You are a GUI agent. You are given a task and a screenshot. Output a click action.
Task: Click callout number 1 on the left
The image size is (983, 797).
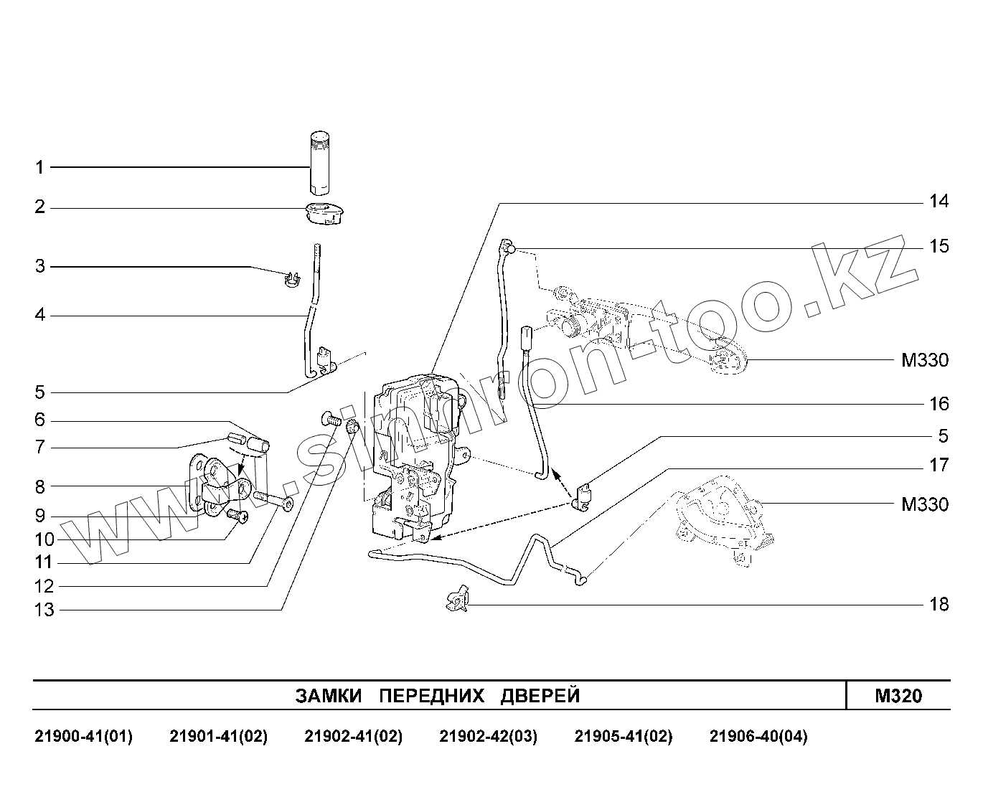(40, 168)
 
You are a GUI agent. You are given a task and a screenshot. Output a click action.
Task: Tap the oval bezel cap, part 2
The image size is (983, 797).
(325, 213)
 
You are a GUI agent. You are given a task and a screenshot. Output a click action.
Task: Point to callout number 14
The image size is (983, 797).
(939, 202)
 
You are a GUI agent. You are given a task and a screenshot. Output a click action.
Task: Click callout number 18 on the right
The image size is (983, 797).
(939, 605)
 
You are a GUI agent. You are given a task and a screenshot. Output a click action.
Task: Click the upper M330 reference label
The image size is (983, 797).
(924, 360)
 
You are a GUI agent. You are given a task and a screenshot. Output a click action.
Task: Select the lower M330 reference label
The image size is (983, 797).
(924, 504)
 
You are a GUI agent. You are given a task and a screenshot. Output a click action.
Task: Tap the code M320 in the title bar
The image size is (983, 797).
(898, 696)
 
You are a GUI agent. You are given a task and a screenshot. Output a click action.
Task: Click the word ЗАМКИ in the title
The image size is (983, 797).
(331, 696)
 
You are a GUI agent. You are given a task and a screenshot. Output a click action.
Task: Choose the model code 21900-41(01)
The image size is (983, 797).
(83, 737)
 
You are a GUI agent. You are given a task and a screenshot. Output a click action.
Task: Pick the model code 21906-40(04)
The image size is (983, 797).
(758, 737)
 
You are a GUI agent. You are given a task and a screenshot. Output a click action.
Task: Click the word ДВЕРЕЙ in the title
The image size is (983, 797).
(540, 696)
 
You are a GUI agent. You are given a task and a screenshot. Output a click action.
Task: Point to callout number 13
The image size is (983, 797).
(44, 610)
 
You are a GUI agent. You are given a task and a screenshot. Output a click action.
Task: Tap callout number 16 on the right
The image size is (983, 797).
(939, 405)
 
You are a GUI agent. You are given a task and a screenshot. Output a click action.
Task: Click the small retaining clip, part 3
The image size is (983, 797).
(291, 279)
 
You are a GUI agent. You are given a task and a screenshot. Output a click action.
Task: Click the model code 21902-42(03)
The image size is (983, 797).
(488, 737)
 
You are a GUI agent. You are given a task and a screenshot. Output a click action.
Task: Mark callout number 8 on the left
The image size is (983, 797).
(40, 487)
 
